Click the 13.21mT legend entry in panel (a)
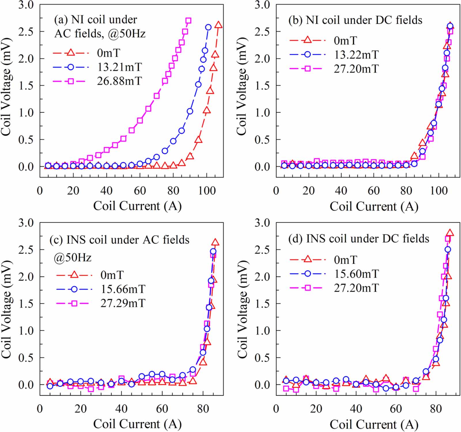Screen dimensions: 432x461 pos(119,67)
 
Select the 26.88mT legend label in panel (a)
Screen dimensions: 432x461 pos(119,81)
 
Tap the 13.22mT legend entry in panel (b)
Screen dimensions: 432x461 pos(356,55)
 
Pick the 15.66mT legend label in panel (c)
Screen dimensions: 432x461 pos(123,289)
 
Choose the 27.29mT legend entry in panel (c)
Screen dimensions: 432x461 pos(123,303)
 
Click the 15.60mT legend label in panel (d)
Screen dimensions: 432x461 pos(356,274)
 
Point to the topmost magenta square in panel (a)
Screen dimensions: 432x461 pos(188,21)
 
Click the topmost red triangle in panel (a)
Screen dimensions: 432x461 pos(218,25)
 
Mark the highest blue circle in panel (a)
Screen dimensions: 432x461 pos(208,27)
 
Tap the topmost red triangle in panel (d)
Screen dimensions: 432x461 pos(450,233)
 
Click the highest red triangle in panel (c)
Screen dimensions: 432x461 pos(215,242)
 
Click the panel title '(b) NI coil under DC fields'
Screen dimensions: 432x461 pos(355,20)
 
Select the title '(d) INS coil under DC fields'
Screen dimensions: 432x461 pos(359,239)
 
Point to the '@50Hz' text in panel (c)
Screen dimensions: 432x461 pos(73,257)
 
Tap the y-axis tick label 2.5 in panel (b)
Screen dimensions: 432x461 pos(262,31)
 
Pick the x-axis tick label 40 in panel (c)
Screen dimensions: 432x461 pos(121,409)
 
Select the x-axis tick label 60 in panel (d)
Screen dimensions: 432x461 pos(396,409)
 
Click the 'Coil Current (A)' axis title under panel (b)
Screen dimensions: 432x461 pos(374,206)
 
